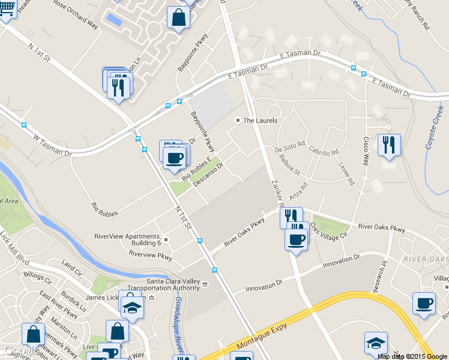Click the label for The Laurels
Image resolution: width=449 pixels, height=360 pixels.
coord(260,121)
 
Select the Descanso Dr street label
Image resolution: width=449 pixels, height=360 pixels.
coord(208,175)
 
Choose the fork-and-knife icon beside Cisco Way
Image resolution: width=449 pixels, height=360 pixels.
coord(390,145)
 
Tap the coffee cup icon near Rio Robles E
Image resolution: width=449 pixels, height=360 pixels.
coord(175,158)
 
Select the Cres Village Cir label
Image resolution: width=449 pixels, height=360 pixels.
coord(328,232)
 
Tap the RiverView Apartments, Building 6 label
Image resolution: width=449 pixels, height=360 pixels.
coord(127,239)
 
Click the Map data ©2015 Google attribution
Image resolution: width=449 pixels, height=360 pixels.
coord(412,356)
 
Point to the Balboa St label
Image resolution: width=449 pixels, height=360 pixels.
coord(289,164)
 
